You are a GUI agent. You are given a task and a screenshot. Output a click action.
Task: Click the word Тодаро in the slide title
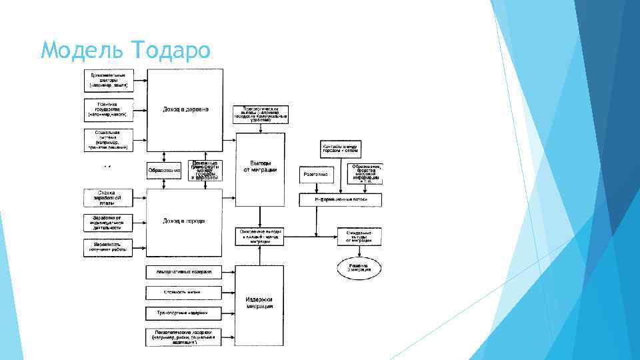click(171, 50)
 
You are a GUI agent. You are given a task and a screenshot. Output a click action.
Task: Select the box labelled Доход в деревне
click(185, 109)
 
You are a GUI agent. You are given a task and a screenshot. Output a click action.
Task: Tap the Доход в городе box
click(185, 222)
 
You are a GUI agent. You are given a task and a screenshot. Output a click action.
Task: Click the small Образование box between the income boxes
click(164, 170)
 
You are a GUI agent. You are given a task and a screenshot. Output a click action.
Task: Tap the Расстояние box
click(316, 174)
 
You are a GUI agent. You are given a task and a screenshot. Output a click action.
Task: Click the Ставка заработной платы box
click(108, 197)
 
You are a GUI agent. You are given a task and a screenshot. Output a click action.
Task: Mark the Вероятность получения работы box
click(108, 248)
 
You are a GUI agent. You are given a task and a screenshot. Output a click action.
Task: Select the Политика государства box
click(108, 111)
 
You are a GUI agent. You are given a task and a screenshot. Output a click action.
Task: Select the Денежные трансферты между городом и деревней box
click(205, 170)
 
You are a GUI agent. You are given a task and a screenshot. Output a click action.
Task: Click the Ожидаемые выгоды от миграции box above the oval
click(359, 236)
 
